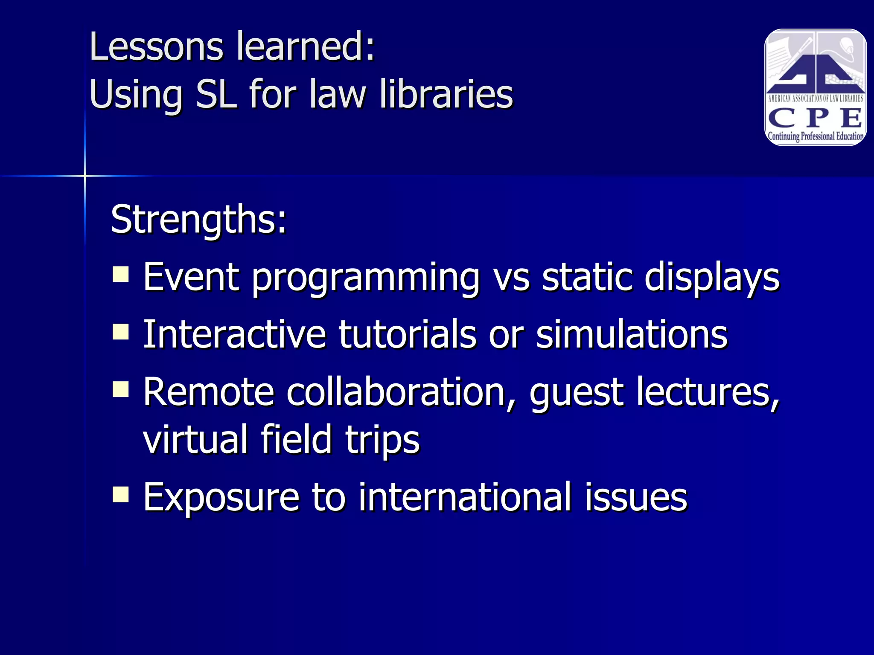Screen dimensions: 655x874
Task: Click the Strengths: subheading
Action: click(198, 219)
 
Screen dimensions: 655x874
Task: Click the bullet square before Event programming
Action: click(121, 275)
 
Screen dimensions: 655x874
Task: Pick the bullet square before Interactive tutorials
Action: click(121, 331)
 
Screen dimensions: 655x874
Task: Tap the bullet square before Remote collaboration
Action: click(121, 389)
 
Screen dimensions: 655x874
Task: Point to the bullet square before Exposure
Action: click(121, 495)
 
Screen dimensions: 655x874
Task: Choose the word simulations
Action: click(632, 334)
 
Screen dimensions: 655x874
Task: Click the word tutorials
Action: click(407, 334)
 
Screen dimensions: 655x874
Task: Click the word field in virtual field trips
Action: click(296, 439)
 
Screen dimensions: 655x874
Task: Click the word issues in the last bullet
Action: click(636, 497)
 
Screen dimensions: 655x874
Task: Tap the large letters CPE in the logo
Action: click(815, 118)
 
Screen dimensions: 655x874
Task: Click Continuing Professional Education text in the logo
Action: click(816, 136)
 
